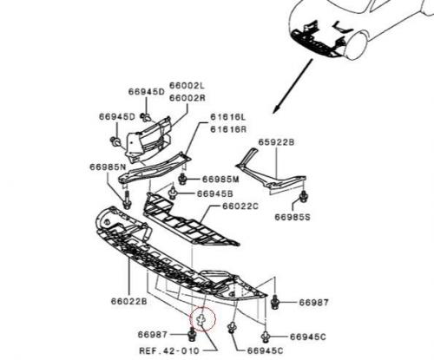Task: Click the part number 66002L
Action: [x=187, y=86]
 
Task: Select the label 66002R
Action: [x=187, y=98]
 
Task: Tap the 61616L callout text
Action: [x=228, y=117]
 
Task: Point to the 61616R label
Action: [x=228, y=129]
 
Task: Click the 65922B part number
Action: [x=276, y=142]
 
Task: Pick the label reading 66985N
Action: [x=108, y=167]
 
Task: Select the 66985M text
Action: [x=220, y=180]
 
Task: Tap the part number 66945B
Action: [x=215, y=193]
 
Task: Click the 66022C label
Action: [x=240, y=206]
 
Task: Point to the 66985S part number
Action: [x=293, y=217]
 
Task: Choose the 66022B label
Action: [x=129, y=301]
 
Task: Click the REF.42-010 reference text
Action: [x=169, y=350]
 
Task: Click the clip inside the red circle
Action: [x=201, y=320]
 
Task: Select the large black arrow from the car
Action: [x=293, y=86]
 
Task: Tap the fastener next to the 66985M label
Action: [x=182, y=179]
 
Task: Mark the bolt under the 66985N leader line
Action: [x=127, y=200]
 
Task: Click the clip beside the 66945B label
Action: [x=173, y=193]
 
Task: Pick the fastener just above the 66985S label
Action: [x=304, y=196]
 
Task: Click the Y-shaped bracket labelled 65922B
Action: [x=271, y=173]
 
